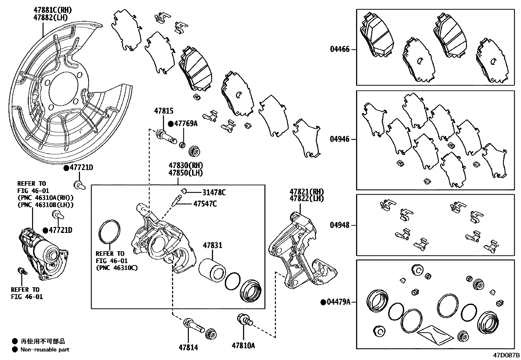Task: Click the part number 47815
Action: pyautogui.click(x=164, y=111)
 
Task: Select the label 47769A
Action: pyautogui.click(x=186, y=124)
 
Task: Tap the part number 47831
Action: pyautogui.click(x=212, y=245)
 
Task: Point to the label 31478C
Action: pyautogui.click(x=214, y=193)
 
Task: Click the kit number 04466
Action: pyautogui.click(x=340, y=49)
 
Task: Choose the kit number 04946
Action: pyautogui.click(x=340, y=139)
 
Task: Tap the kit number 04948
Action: pyautogui.click(x=340, y=225)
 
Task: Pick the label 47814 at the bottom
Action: pyautogui.click(x=188, y=347)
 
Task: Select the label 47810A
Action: pyautogui.click(x=243, y=346)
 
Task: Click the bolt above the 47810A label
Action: pyautogui.click(x=244, y=319)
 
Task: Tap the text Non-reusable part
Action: pyautogui.click(x=45, y=350)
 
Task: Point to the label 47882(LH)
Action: pyautogui.click(x=50, y=18)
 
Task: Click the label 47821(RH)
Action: pyautogui.click(x=307, y=192)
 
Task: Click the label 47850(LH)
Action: pyautogui.click(x=186, y=173)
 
